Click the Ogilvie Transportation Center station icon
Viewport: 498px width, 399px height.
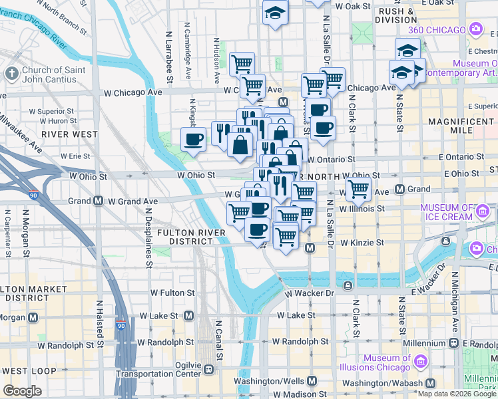point(208,369)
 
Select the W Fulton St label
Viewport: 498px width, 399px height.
point(172,293)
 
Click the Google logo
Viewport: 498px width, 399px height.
point(22,391)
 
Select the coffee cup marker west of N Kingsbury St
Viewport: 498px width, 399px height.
point(194,140)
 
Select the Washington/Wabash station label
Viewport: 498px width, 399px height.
point(383,383)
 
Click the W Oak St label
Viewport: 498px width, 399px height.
point(352,6)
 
